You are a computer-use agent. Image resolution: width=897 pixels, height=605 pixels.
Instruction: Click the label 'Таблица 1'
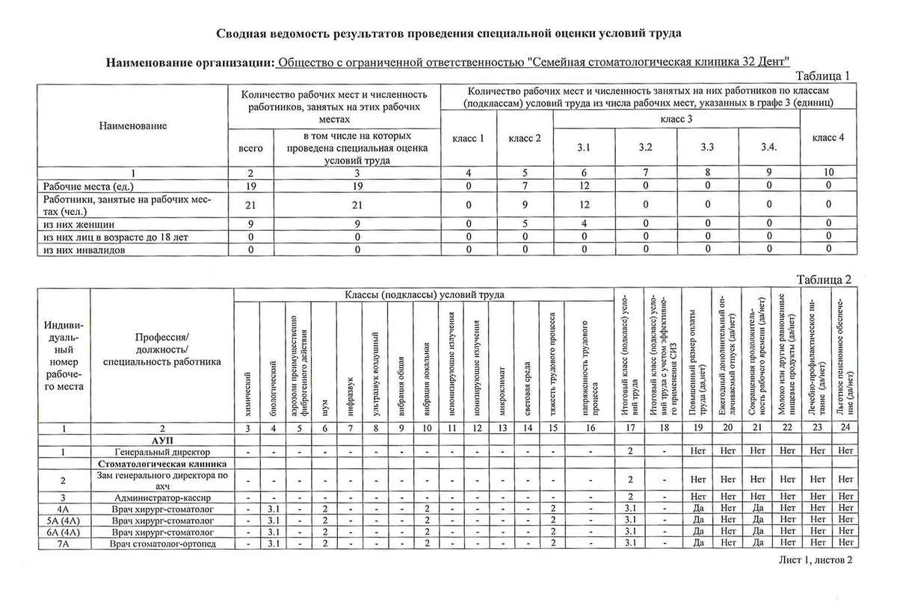pyautogui.click(x=822, y=76)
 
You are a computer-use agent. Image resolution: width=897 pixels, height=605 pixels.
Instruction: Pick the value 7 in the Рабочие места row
pyautogui.click(x=524, y=185)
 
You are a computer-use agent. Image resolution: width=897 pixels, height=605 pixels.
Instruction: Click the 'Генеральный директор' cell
pyautogui.click(x=162, y=452)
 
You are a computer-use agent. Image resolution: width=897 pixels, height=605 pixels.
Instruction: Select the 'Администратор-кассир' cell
pyautogui.click(x=162, y=497)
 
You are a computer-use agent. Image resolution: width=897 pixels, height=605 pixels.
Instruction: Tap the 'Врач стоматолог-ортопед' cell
pyautogui.click(x=162, y=543)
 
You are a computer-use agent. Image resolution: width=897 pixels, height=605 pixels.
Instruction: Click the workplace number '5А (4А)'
pyautogui.click(x=63, y=521)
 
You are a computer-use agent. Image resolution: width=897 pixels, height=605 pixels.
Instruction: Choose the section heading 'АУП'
pyautogui.click(x=162, y=441)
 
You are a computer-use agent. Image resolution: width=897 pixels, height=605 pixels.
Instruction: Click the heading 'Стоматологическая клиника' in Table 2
pyautogui.click(x=162, y=464)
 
